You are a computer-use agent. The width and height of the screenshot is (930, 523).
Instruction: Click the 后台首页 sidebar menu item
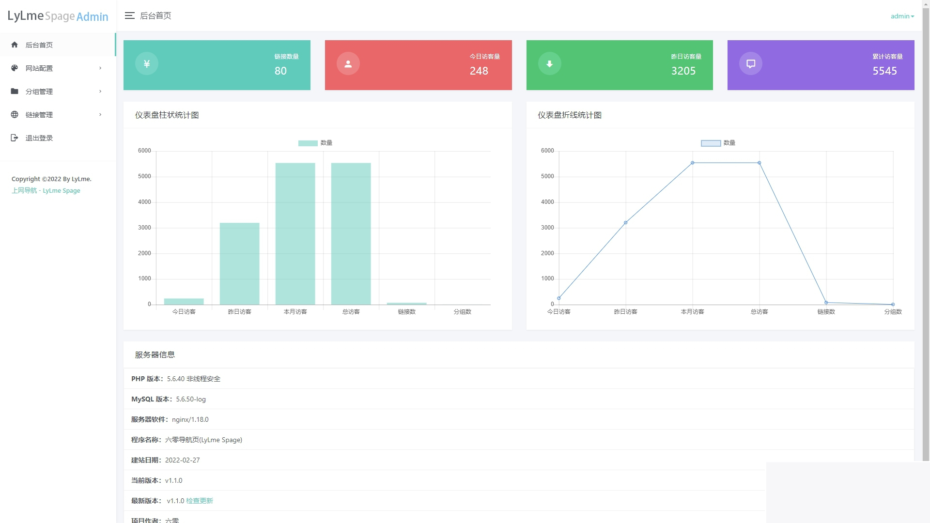click(39, 45)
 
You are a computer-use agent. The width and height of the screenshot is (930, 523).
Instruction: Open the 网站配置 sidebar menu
click(39, 68)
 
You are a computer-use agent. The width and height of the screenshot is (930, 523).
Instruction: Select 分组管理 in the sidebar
click(39, 92)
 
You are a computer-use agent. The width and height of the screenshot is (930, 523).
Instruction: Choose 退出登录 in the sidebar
click(39, 138)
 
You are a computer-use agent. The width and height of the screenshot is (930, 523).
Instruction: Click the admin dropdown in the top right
click(902, 16)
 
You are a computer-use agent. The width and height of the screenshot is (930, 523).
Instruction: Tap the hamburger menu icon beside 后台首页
click(129, 16)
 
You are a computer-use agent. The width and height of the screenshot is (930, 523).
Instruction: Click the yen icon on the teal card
click(147, 63)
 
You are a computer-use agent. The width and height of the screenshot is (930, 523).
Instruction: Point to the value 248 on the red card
click(479, 71)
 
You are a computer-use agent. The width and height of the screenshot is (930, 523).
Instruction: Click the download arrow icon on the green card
click(549, 63)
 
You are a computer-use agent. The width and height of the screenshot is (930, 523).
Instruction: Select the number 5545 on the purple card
click(884, 71)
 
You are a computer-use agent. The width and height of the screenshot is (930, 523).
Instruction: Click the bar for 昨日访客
click(239, 264)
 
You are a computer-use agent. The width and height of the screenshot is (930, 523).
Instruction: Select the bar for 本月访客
click(295, 234)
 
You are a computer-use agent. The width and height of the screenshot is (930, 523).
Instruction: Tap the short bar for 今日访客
click(184, 301)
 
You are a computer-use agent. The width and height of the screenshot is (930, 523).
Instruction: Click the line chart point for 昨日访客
click(625, 223)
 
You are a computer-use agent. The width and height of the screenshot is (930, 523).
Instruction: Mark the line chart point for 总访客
click(759, 163)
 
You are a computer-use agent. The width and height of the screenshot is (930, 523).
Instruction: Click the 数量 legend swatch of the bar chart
click(308, 143)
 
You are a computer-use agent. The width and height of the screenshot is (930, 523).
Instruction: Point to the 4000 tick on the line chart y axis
click(547, 202)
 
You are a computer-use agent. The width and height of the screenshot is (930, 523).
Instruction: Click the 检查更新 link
click(200, 501)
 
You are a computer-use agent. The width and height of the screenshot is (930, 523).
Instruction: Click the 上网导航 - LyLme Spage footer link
click(46, 190)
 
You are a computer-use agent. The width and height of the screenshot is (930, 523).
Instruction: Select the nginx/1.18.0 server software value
click(190, 419)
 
